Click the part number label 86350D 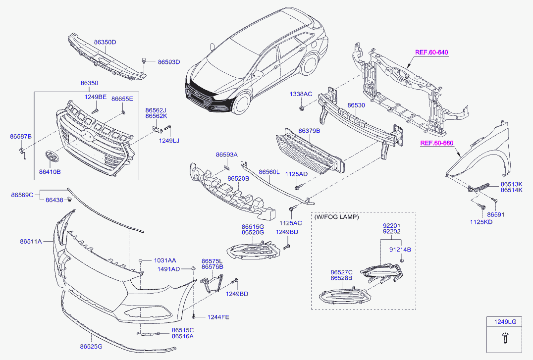click(x=105, y=43)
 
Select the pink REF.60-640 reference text click(x=431, y=52)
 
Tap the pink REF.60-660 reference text click(x=436, y=144)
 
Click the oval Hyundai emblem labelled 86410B click(x=51, y=156)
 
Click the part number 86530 click(x=356, y=105)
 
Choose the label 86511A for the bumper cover click(x=31, y=242)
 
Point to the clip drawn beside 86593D click(x=144, y=61)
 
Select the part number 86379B click(x=309, y=131)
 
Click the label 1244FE click(x=218, y=317)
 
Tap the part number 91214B click(x=400, y=250)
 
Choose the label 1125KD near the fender click(x=482, y=222)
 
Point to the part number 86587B click(x=21, y=136)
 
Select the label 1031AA click(x=164, y=260)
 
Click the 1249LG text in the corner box click(x=505, y=322)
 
